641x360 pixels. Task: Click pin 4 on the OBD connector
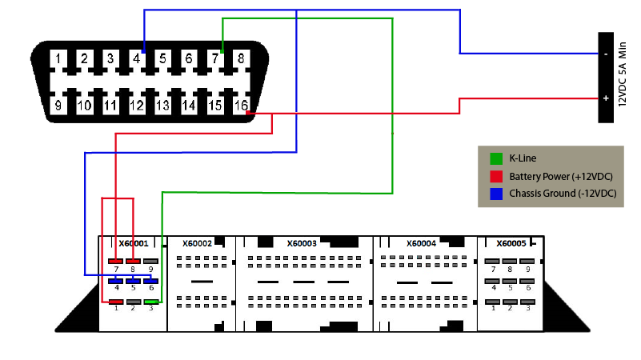click(x=136, y=58)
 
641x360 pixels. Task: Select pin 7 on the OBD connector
click(x=214, y=58)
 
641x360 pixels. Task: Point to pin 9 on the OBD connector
click(x=57, y=105)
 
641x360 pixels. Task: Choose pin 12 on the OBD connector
click(x=136, y=105)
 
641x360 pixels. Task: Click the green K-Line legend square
click(x=495, y=158)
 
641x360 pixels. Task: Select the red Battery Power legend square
click(x=495, y=175)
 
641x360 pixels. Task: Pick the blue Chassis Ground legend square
click(x=495, y=193)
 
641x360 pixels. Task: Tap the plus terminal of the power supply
click(x=606, y=99)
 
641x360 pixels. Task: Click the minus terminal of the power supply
click(x=606, y=54)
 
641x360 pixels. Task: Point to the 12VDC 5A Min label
click(x=623, y=78)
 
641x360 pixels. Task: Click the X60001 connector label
click(x=133, y=243)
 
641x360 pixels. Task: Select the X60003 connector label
click(x=301, y=243)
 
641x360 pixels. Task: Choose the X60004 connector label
click(x=421, y=243)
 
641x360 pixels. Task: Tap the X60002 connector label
click(x=197, y=243)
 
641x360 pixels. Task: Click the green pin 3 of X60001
click(x=151, y=302)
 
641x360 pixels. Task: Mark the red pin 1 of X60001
click(x=117, y=302)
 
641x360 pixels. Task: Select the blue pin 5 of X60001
click(x=134, y=281)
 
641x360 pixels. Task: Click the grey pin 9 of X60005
click(x=527, y=262)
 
